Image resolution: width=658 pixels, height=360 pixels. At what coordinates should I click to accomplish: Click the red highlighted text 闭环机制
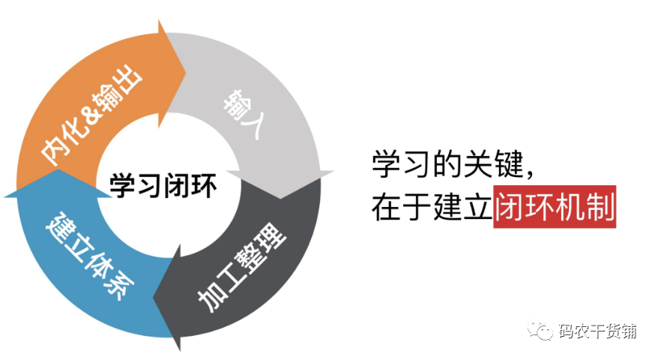pyautogui.click(x=555, y=205)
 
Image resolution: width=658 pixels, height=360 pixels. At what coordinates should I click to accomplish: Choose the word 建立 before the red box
pyautogui.click(x=464, y=206)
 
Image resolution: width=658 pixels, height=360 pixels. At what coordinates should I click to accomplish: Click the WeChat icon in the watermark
pyautogui.click(x=542, y=330)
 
